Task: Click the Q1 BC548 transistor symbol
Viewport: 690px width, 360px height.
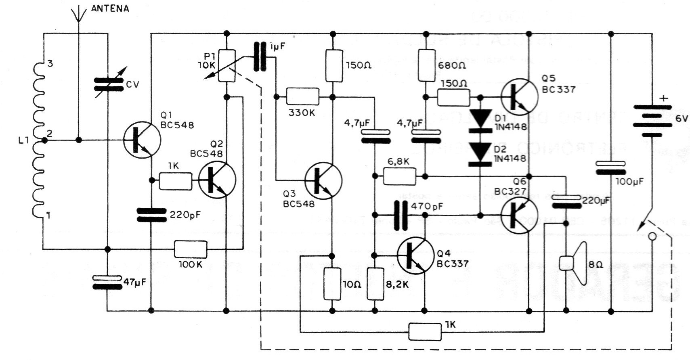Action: [142, 139]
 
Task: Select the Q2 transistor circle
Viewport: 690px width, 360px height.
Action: [217, 180]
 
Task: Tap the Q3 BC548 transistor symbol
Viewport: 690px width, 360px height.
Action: [323, 180]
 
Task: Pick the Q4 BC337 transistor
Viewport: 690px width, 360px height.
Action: [415, 255]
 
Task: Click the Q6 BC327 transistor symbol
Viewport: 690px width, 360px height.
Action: [520, 214]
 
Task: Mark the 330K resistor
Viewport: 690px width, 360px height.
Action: [302, 97]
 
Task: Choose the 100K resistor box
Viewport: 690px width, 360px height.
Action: [191, 249]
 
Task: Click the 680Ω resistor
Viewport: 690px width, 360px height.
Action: [426, 65]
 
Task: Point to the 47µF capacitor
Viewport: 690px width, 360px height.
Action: [107, 282]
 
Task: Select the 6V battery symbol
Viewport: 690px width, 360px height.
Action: [652, 121]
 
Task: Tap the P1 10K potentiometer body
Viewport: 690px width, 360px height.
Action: [226, 66]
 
